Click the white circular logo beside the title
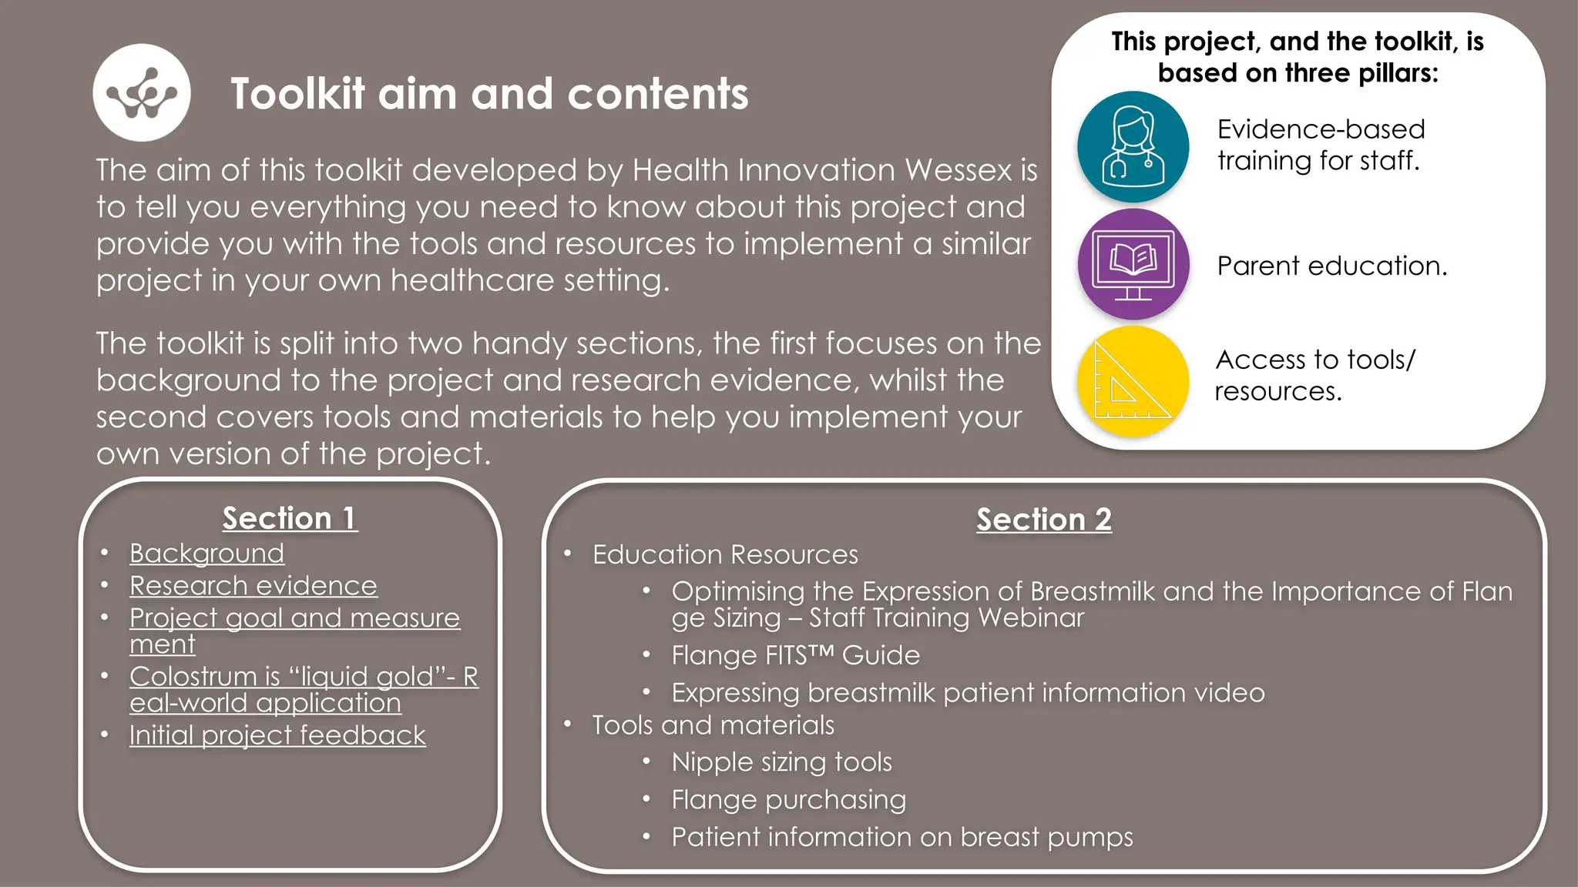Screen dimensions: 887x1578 coord(142,92)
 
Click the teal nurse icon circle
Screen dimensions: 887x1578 coord(1133,146)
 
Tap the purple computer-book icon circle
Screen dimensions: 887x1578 coord(1133,264)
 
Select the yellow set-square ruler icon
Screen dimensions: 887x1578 coord(1133,382)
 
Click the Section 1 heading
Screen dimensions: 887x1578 coord(290,518)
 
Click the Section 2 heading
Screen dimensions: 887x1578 coord(1043,520)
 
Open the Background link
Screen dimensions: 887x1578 coord(206,554)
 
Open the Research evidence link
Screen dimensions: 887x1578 coord(253,586)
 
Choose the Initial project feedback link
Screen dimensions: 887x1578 coord(277,735)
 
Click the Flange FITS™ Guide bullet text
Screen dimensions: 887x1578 coord(795,655)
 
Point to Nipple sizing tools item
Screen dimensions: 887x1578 coord(781,762)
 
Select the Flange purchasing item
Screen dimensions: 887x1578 coord(788,800)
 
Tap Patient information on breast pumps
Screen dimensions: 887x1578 coord(901,837)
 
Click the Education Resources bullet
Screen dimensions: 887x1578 coord(724,555)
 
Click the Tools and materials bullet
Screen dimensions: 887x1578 coord(713,725)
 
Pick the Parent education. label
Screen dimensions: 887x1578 coord(1331,266)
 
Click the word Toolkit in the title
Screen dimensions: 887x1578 coord(297,94)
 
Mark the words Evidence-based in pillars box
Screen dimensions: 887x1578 coord(1321,129)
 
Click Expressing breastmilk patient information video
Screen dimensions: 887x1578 coord(967,693)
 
